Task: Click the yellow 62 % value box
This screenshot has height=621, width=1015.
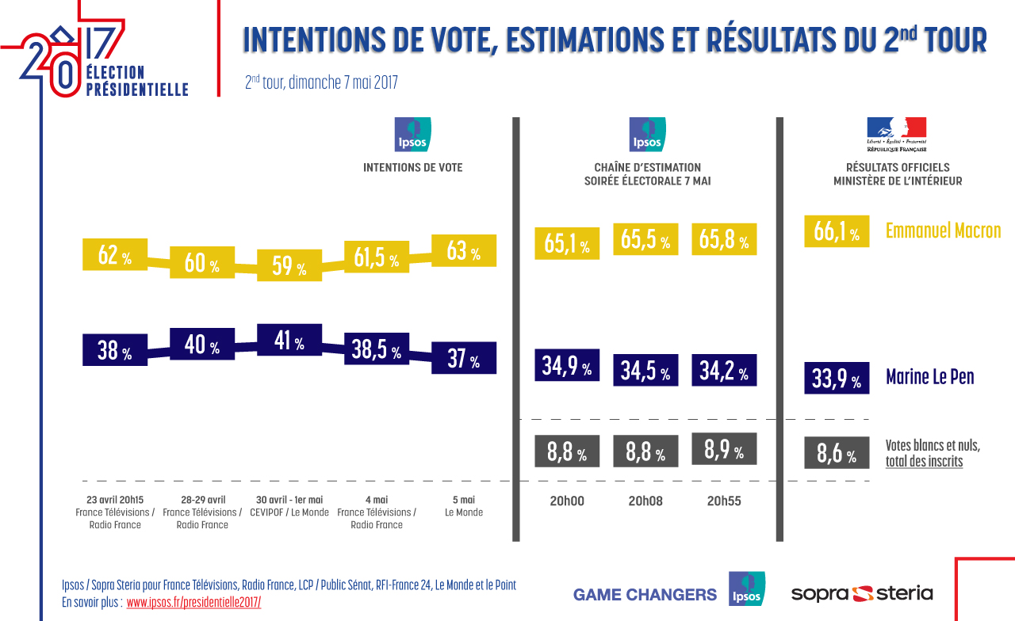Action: pos(115,255)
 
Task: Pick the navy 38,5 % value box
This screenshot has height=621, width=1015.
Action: pos(377,349)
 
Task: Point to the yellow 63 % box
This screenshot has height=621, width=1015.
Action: pos(464,252)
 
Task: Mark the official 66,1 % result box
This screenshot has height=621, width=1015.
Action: pos(837,232)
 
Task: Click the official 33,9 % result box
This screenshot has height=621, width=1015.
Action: pos(837,379)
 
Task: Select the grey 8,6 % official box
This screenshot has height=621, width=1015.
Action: pos(837,455)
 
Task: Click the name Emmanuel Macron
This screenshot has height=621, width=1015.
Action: pos(943,231)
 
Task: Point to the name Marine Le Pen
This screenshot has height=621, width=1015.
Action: pos(929,377)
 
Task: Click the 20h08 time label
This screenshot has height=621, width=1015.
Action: pos(645,501)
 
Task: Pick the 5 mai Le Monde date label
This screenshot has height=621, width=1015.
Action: pos(464,506)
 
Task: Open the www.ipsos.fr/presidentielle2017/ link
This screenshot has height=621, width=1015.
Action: pos(193,602)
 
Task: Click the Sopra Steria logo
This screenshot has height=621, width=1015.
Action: pos(862,593)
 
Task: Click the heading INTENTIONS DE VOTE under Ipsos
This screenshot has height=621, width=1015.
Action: pos(412,168)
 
